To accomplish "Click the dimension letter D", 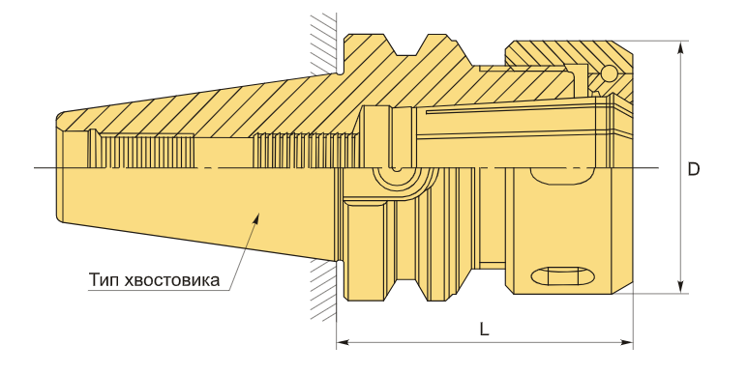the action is (693, 170).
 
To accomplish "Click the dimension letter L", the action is (484, 330).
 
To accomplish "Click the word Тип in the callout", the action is (104, 279).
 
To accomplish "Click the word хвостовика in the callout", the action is (171, 279).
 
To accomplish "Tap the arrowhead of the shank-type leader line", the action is (256, 218).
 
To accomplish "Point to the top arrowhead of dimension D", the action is (682, 46).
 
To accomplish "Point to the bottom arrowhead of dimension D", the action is (682, 287).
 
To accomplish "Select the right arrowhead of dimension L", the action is (627, 342).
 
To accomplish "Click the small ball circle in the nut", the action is (609, 72).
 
